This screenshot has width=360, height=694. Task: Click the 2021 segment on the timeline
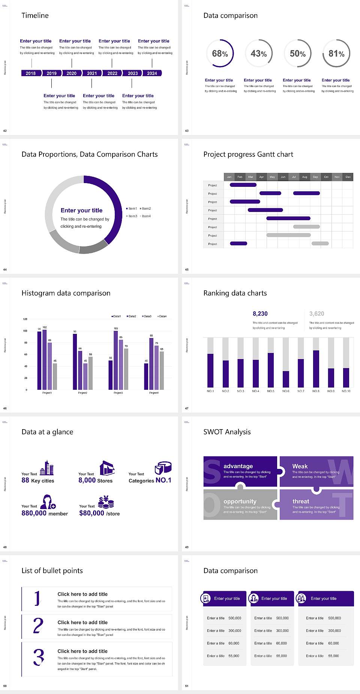tap(92, 73)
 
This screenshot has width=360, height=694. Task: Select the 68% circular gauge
tap(220, 53)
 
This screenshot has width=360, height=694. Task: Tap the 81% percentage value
tap(336, 54)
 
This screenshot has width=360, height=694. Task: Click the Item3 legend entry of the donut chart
tap(132, 216)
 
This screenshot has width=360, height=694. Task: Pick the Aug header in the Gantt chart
tap(304, 177)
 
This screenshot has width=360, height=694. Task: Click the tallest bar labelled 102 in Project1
tap(45, 358)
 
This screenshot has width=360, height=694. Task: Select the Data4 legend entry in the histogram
tap(162, 316)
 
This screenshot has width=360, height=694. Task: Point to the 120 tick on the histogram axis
tap(25, 319)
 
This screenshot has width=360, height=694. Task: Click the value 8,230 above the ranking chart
tap(260, 314)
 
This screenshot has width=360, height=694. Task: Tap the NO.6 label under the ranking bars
tap(286, 391)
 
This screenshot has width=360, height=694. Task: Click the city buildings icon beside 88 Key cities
tap(47, 468)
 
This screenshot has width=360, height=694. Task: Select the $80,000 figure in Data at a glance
tap(91, 513)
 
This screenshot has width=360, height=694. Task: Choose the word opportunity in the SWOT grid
tap(240, 501)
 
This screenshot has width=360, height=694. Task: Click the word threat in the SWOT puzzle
tap(301, 501)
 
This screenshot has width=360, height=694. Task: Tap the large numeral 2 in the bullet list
tap(38, 626)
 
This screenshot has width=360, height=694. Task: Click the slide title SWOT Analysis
tap(227, 432)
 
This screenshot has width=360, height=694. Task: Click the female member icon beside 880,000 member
tap(48, 502)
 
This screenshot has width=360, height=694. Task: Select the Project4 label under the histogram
tap(154, 393)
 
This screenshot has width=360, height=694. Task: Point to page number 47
tap(187, 408)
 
